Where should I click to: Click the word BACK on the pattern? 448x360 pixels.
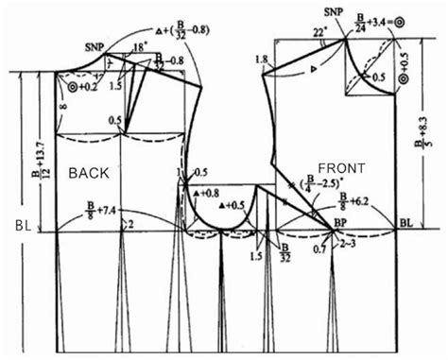click(x=90, y=172)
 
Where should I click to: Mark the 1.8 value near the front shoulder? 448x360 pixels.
click(x=262, y=60)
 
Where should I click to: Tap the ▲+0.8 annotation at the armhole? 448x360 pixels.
click(x=204, y=192)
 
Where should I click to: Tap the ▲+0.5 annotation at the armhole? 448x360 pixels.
click(x=231, y=204)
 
